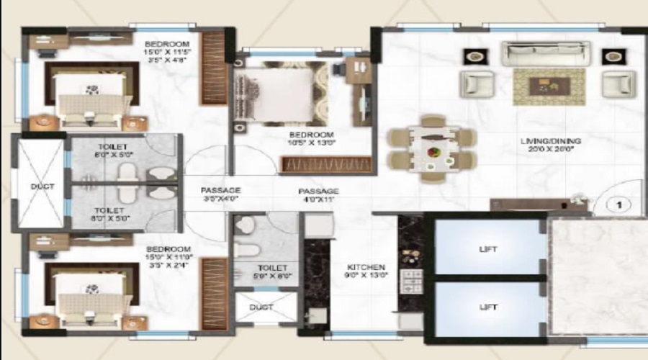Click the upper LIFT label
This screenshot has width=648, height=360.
pos(488,250)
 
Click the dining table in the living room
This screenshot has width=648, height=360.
pos(431,150)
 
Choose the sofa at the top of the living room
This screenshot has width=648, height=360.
pos(545,54)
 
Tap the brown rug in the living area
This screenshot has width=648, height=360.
pos(549,86)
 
